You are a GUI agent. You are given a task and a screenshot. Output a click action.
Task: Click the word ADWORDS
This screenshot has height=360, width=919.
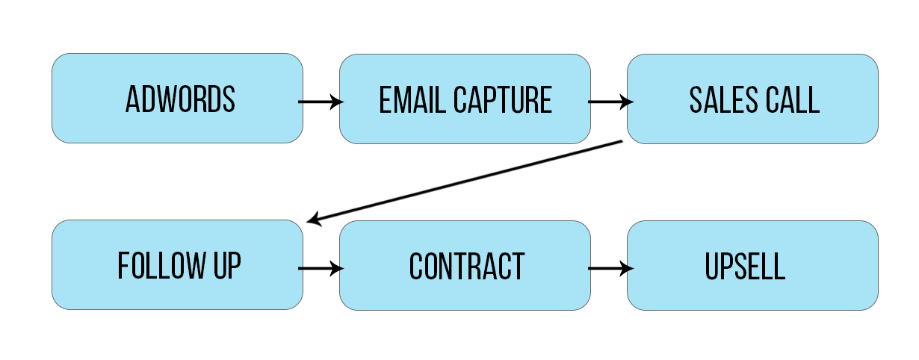(180, 99)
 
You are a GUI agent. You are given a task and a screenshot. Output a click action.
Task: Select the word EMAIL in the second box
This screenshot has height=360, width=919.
(412, 99)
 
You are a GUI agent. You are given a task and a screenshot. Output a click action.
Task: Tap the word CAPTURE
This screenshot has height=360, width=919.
(503, 99)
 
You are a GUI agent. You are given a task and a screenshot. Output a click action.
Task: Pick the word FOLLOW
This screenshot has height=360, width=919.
(161, 266)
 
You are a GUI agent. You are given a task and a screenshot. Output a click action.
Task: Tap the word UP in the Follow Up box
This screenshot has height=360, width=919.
(227, 266)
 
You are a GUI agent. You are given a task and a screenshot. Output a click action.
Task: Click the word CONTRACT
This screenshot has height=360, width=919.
(467, 267)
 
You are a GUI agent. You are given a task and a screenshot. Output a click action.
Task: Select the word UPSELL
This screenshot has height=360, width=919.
(745, 267)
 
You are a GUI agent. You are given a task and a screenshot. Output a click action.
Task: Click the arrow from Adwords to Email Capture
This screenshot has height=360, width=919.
(321, 102)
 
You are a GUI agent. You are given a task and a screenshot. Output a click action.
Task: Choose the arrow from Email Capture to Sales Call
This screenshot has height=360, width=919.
(610, 102)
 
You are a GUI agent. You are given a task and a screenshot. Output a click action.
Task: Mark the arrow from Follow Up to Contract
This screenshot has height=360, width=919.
(321, 269)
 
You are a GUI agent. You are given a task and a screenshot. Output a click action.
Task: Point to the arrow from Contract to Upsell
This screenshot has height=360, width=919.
(610, 269)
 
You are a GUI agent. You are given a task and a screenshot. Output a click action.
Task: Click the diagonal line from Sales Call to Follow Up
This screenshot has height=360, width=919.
(465, 181)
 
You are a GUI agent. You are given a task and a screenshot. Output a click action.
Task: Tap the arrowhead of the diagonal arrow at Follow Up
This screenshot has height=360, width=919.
(314, 220)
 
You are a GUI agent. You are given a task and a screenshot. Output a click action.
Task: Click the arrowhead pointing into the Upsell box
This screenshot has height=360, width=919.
(626, 269)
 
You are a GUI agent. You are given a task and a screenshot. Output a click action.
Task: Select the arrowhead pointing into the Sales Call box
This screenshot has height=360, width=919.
(626, 102)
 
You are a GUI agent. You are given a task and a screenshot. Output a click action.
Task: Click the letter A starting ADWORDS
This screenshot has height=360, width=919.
(132, 99)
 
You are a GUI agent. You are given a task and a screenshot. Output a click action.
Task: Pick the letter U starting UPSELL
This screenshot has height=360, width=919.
(712, 267)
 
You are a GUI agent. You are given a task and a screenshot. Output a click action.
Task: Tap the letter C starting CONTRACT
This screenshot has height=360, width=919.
(416, 267)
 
